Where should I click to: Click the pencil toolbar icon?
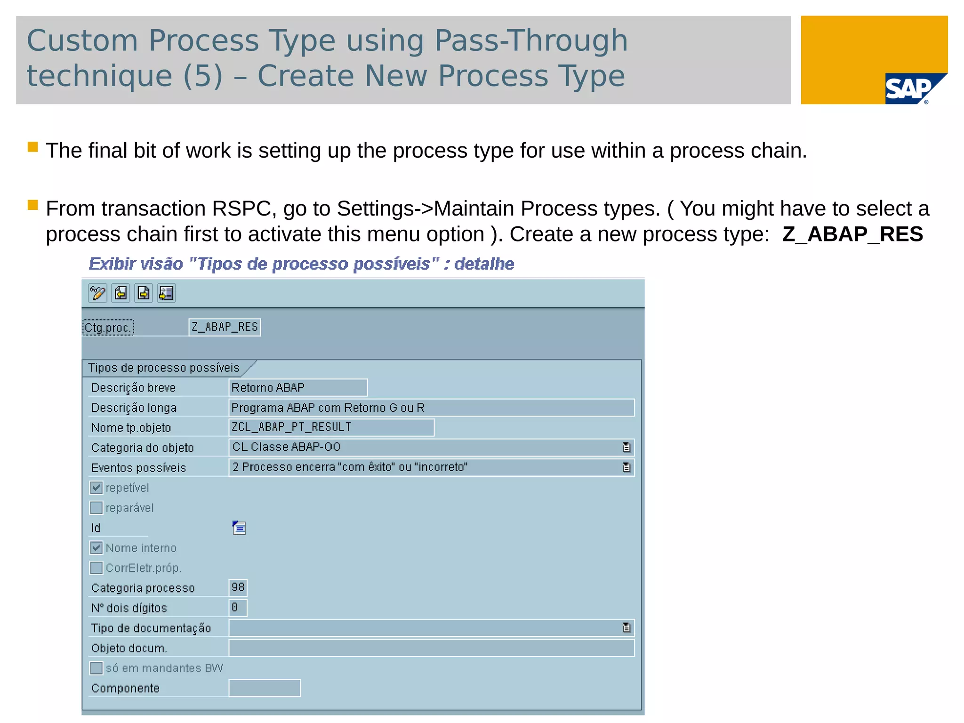coord(97,293)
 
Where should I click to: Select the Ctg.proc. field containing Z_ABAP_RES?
coord(225,327)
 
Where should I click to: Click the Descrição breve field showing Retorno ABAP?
coord(297,387)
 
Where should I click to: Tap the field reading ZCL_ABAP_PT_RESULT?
coord(331,427)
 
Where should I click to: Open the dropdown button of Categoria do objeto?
coord(626,447)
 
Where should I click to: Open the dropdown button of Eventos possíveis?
coord(626,467)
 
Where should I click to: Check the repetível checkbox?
coord(96,488)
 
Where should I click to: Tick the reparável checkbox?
coord(96,508)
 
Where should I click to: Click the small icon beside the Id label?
coord(239,528)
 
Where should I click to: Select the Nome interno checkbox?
coord(96,548)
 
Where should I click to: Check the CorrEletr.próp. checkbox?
coord(96,568)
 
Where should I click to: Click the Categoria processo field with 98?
coord(238,587)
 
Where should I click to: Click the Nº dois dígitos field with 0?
coord(238,608)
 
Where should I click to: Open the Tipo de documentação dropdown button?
coord(626,628)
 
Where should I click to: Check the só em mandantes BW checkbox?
coord(96,668)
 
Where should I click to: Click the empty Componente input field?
coord(265,688)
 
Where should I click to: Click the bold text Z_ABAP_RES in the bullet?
coord(852,234)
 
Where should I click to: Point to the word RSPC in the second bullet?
coord(241,209)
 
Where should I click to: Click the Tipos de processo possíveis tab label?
coord(164,368)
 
